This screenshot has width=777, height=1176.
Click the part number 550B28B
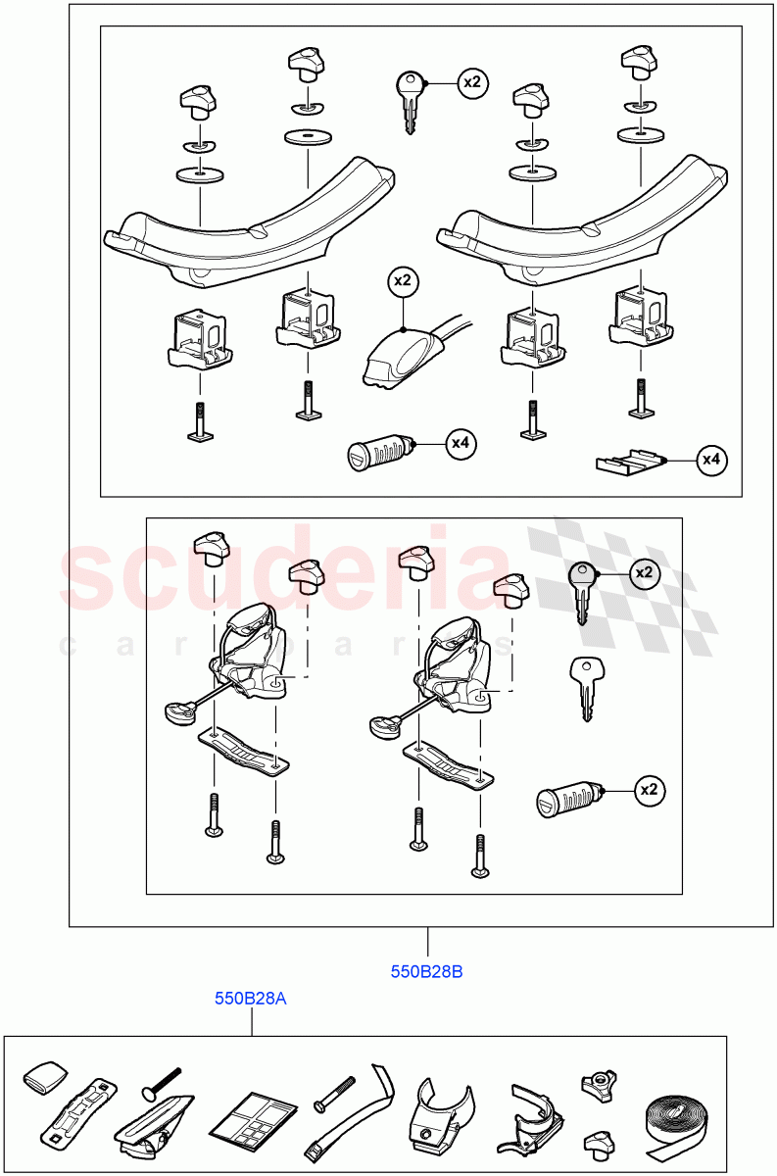pyautogui.click(x=426, y=972)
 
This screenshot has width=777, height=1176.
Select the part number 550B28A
pyautogui.click(x=251, y=999)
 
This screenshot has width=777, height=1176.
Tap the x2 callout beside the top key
pyautogui.click(x=471, y=82)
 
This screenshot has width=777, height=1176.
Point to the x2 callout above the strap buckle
pyautogui.click(x=402, y=281)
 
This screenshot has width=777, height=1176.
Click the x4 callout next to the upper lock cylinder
pyautogui.click(x=461, y=444)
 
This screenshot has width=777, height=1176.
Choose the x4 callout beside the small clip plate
pyautogui.click(x=711, y=459)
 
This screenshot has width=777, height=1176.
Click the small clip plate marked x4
pyautogui.click(x=628, y=461)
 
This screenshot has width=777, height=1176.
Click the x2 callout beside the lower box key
pyautogui.click(x=644, y=572)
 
